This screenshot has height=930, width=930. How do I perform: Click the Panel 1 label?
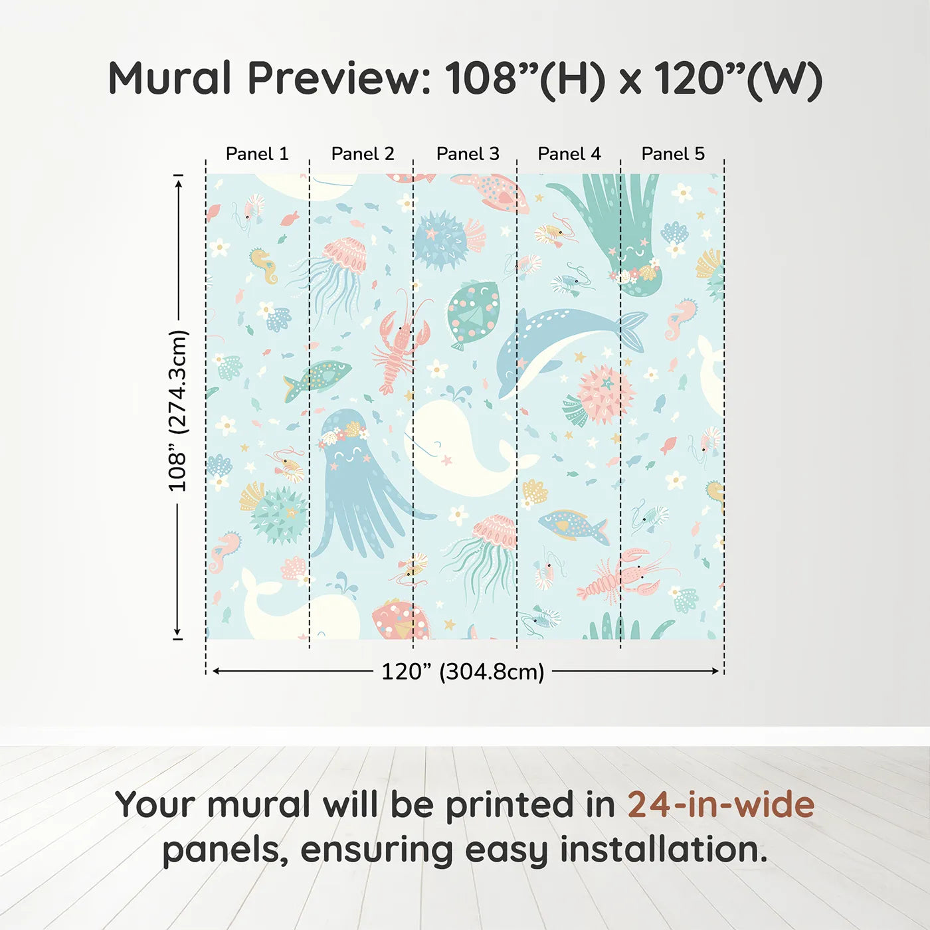(x=257, y=154)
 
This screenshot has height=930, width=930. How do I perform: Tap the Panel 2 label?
(x=363, y=154)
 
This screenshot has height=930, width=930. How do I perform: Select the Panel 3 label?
(x=468, y=154)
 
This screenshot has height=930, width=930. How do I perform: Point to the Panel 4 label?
(x=569, y=154)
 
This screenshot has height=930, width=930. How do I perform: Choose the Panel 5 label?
(x=673, y=154)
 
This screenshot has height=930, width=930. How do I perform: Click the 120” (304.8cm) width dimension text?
(x=462, y=672)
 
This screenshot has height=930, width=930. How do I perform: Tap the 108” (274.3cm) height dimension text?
(x=178, y=411)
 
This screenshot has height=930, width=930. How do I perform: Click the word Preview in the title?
(x=339, y=78)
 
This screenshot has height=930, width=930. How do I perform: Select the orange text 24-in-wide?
(x=721, y=805)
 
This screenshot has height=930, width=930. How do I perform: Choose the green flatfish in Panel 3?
(x=473, y=312)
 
